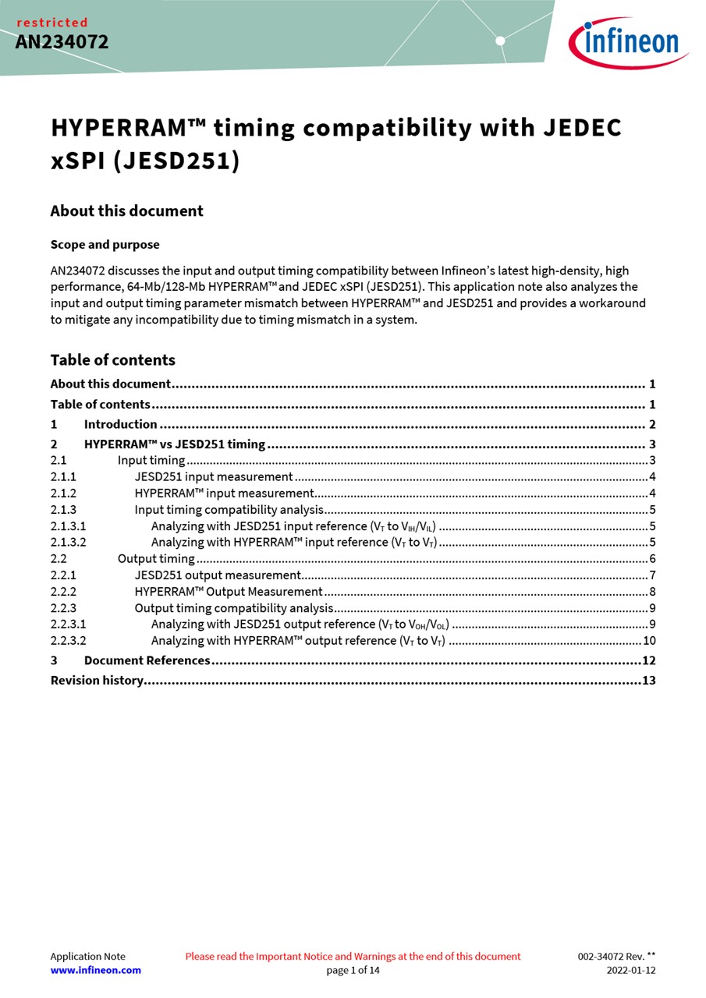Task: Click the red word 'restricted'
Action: point(52,23)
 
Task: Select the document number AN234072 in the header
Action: point(62,42)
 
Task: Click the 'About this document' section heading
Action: point(126,211)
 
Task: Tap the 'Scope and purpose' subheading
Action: point(105,245)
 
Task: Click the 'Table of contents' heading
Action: point(112,359)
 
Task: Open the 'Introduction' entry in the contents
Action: point(120,424)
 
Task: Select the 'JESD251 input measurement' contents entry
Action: point(214,476)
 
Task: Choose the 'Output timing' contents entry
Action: point(156,558)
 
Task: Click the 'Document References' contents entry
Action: point(147,660)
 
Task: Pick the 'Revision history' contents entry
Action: point(97,680)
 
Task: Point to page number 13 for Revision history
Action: point(648,680)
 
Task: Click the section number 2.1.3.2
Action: point(68,542)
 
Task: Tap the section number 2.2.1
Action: point(63,575)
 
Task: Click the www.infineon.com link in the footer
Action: point(95,970)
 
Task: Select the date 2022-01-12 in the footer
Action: point(631,970)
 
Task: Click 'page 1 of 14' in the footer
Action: point(353,970)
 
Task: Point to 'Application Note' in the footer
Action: point(87,956)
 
